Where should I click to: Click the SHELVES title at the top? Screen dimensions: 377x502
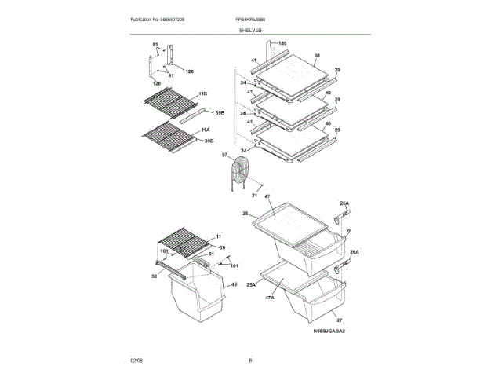click(251, 30)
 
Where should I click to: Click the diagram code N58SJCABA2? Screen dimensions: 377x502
click(329, 332)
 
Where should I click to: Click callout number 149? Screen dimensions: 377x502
click(282, 42)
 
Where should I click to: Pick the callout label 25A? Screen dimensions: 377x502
click(251, 286)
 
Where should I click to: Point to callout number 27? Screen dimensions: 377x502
click(340, 320)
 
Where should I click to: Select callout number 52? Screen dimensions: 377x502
click(155, 276)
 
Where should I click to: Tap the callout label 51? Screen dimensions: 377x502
click(210, 254)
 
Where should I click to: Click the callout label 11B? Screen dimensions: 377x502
click(203, 93)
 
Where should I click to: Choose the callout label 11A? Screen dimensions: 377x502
click(205, 128)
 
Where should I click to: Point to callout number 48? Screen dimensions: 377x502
click(317, 56)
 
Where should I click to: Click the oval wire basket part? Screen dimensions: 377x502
click(240, 172)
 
